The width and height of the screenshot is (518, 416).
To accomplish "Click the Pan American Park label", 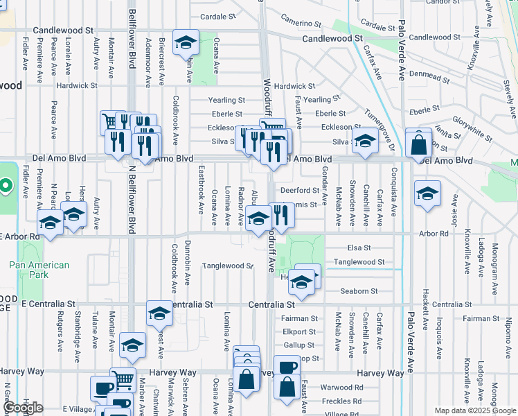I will (39, 270).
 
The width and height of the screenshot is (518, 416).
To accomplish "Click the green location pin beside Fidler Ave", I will (6, 186).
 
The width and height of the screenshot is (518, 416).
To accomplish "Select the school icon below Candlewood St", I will (185, 44).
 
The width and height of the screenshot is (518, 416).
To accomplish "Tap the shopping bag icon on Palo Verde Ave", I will (419, 145).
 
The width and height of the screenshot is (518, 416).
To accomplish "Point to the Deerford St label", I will (298, 190).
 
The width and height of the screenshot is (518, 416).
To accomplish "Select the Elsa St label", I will (357, 248).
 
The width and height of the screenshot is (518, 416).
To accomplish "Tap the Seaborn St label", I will (359, 291).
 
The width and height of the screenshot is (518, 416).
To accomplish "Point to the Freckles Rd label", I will (341, 401).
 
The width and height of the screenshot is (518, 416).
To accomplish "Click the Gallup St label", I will (298, 345).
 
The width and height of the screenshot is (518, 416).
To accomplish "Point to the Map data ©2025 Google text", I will (475, 410).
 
